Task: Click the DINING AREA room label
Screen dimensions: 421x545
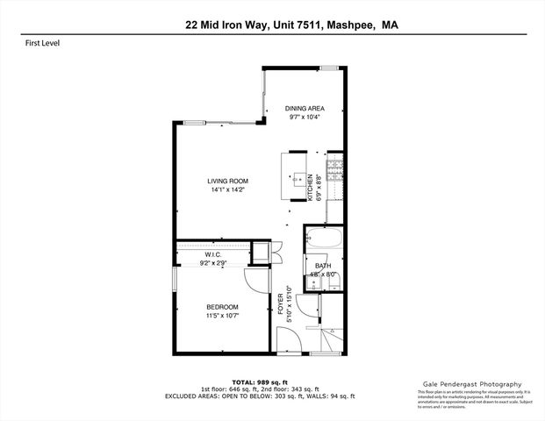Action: pos(305,108)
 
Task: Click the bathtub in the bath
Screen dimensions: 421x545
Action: pos(322,240)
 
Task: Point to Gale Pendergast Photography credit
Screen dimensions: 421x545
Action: pos(470,384)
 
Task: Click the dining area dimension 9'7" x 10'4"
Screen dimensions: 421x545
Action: pos(305,117)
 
